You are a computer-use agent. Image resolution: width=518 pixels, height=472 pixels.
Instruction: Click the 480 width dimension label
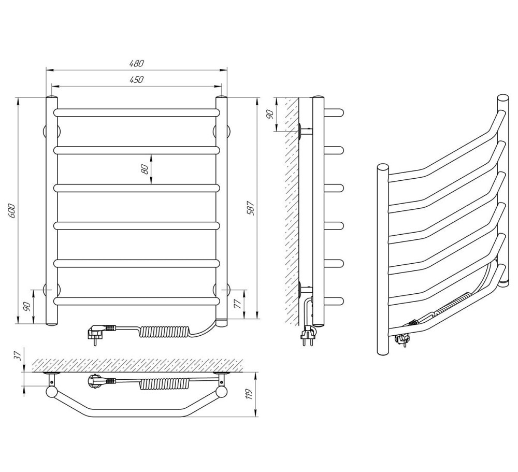tap(136, 63)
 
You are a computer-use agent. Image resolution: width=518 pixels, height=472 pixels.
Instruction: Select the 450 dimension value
tap(136, 80)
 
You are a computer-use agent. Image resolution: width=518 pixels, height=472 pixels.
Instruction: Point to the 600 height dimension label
tap(12, 211)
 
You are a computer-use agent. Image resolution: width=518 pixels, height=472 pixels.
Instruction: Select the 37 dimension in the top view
tap(19, 355)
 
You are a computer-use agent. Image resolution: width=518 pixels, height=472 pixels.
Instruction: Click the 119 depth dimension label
tap(249, 394)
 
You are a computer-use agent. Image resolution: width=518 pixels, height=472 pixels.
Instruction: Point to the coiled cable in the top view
tap(164, 384)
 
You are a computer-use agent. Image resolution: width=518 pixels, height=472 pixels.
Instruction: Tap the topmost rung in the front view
tap(137, 112)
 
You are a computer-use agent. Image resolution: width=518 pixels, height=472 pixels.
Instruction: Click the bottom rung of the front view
tap(137, 301)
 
